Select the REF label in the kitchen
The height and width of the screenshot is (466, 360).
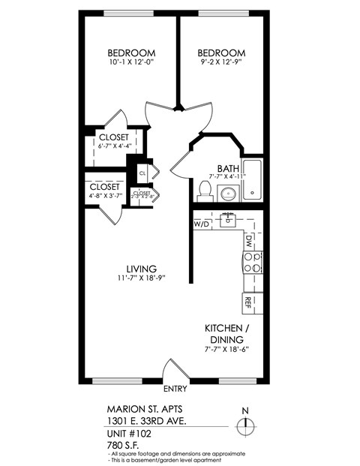[247, 302]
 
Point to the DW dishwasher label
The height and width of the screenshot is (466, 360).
[248, 241]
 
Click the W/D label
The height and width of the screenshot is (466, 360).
[202, 224]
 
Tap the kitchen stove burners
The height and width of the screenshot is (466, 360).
[251, 262]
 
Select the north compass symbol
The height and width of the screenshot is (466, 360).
[244, 424]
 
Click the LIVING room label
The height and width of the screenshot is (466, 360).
[141, 269]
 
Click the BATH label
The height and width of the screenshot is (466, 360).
[227, 168]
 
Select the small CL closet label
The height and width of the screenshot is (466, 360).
[142, 173]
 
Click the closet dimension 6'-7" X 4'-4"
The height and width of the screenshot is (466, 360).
[114, 147]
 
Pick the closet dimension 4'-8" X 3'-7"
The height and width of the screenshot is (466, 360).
[104, 197]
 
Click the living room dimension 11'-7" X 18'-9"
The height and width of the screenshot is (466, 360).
[140, 278]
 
